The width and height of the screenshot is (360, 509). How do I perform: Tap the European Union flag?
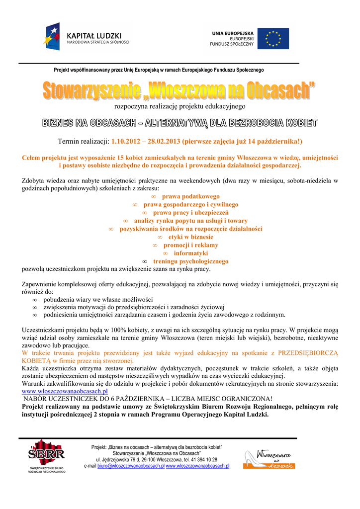tap(272, 38)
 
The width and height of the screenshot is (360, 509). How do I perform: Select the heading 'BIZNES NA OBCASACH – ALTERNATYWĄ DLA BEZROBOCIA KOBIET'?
tap(180, 123)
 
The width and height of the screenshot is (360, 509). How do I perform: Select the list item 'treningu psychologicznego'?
tap(190, 261)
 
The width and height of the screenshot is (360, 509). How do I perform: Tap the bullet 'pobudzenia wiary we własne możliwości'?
tap(98, 300)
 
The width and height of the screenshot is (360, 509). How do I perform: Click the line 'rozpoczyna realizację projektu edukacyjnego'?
tap(180, 106)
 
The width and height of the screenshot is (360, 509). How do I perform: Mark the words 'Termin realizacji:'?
tap(84, 141)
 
